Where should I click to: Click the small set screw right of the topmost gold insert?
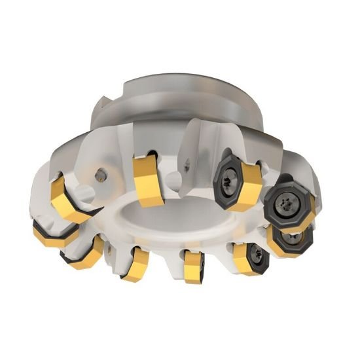189,168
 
